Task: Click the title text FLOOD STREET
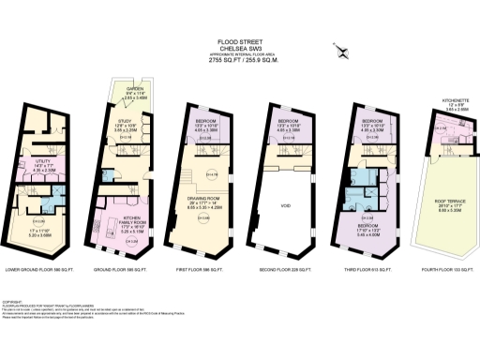239,42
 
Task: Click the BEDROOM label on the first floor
207,121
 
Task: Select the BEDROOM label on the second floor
289,121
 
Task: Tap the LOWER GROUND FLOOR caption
38,271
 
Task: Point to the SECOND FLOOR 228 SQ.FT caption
289,271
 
